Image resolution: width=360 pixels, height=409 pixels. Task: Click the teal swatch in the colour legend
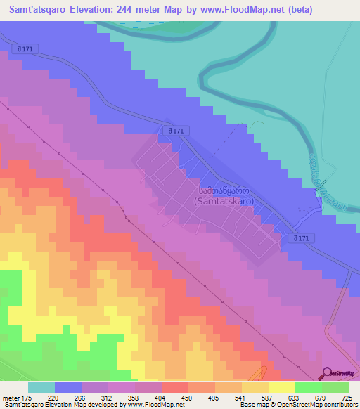pos(41,387)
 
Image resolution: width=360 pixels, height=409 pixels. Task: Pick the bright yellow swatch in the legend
pos(282,387)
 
